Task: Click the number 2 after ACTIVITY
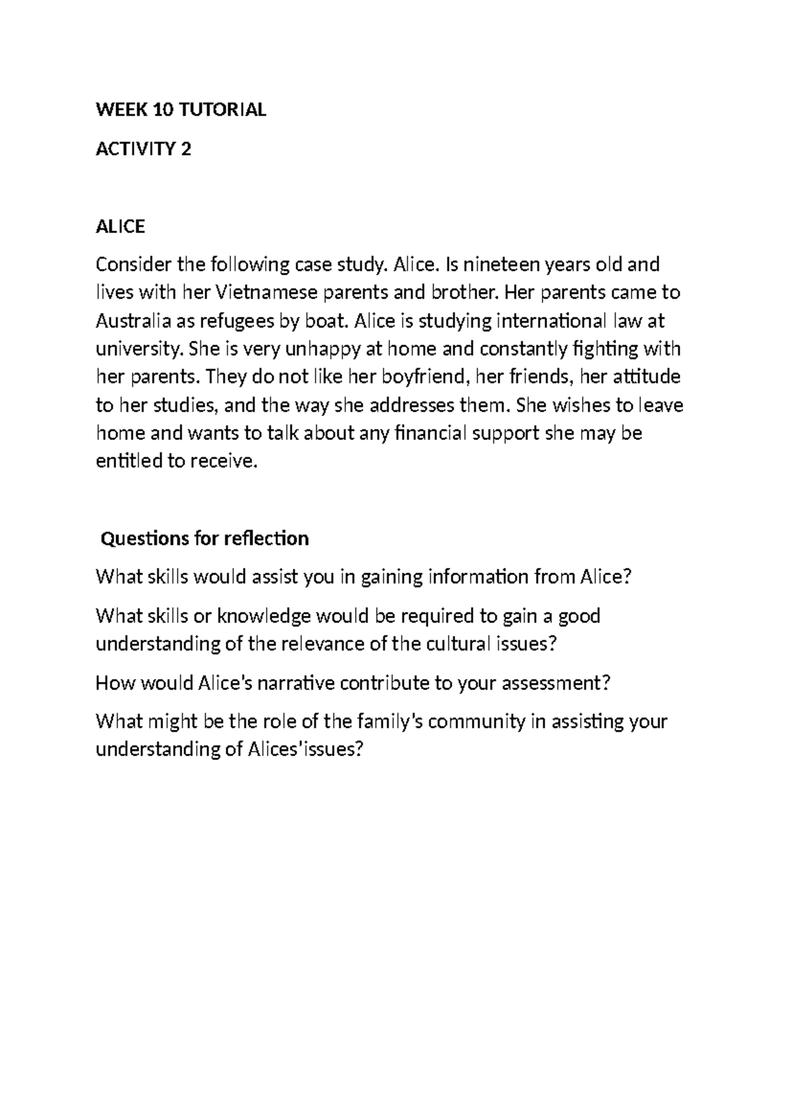click(x=186, y=149)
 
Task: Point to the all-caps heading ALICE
click(x=120, y=227)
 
